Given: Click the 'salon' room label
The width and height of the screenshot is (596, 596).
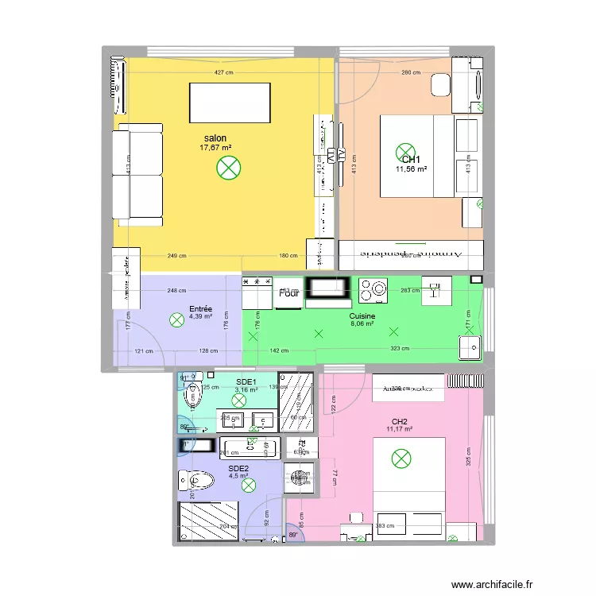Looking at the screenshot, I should tap(215, 137).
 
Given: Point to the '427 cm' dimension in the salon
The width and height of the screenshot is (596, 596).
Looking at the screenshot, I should tap(223, 73).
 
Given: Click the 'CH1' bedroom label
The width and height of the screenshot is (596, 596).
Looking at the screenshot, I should tap(411, 159).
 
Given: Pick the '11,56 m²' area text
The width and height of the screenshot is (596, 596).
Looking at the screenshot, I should tap(411, 169).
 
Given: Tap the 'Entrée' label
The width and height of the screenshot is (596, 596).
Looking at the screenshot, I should tap(200, 308).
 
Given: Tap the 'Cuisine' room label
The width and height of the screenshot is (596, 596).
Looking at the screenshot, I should tap(362, 315).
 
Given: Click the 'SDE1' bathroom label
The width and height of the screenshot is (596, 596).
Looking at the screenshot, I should tap(246, 381).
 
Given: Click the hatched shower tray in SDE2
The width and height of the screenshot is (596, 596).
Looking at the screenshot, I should tap(208, 521).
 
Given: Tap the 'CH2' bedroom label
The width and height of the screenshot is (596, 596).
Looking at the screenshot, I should tap(399, 421).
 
